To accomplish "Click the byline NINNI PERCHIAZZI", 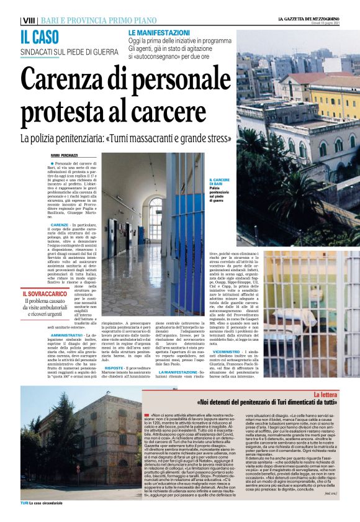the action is (x=65, y=155).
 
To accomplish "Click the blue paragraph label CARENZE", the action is (x=60, y=224).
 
